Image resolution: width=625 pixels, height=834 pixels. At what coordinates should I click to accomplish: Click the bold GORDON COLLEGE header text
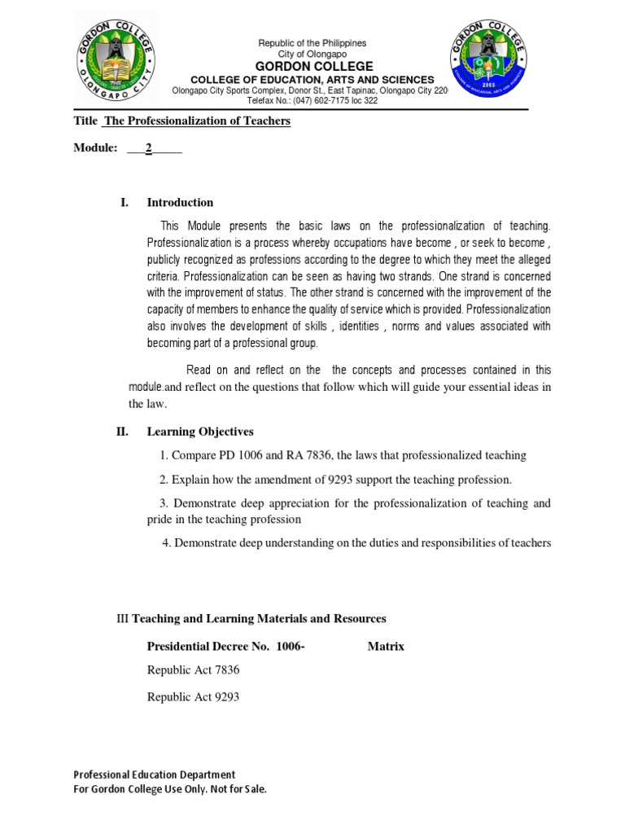313,66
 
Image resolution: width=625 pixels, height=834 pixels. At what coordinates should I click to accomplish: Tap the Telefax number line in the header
312,101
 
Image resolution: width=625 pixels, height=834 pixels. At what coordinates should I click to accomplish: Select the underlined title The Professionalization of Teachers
196,121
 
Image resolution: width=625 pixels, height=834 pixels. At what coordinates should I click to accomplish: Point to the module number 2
149,148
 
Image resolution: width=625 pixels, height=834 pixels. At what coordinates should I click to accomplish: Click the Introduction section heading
180,203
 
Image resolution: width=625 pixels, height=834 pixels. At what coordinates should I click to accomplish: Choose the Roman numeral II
122,432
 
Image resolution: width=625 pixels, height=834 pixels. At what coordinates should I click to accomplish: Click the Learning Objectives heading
199,432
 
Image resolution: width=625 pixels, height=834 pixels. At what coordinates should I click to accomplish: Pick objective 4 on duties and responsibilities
356,543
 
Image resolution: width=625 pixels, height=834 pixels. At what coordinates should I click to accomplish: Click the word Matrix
386,647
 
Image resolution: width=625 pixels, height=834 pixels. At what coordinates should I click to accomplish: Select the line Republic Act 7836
193,670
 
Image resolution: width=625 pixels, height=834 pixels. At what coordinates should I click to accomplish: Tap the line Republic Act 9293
193,698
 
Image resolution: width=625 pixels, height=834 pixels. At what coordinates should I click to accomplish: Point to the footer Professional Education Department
154,775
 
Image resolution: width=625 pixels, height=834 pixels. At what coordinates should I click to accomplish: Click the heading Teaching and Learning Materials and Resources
259,619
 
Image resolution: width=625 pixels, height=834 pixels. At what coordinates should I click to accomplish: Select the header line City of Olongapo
312,54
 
